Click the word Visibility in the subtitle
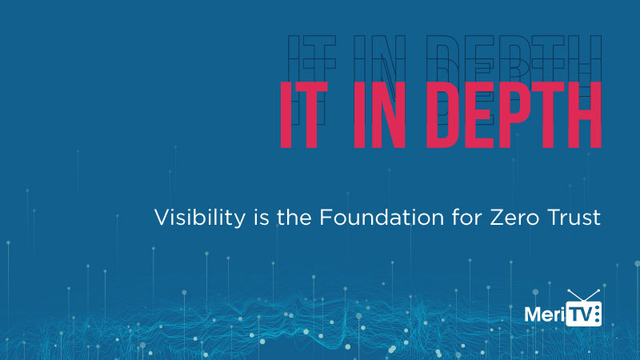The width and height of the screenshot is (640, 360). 200,218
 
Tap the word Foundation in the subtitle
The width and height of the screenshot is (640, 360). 382,217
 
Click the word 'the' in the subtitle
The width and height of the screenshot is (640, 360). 294,217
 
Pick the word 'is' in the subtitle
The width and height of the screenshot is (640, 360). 262,217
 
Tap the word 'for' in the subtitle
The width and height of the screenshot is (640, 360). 466,217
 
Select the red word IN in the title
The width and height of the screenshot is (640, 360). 379,114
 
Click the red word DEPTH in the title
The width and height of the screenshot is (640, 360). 514,114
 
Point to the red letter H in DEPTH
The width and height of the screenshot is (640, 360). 584,114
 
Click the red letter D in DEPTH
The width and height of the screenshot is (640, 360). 444,114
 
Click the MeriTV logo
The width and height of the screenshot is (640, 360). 563,308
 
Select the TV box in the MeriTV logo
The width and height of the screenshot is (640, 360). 584,314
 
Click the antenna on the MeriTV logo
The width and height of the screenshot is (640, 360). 583,295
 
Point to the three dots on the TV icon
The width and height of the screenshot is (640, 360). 598,314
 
